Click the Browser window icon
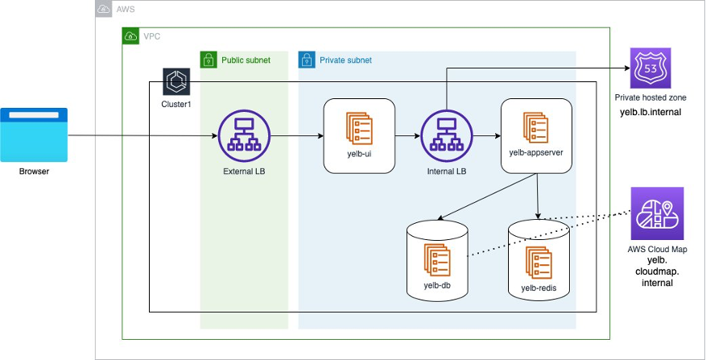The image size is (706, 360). tap(34, 135)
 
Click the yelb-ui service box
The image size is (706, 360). tap(359, 135)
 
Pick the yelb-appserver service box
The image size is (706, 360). tap(536, 135)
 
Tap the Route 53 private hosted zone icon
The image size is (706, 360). tap(650, 68)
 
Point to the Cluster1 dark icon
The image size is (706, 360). tap(175, 82)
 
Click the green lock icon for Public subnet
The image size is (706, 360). tap(208, 60)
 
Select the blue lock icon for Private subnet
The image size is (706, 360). tap(307, 60)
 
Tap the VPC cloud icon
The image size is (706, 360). tap(130, 36)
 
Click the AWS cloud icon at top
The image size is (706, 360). tap(104, 9)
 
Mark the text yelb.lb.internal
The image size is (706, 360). tap(653, 111)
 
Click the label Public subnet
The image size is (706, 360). tap(246, 60)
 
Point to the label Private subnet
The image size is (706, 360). tap(346, 60)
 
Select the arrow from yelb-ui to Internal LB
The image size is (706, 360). tap(407, 135)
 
